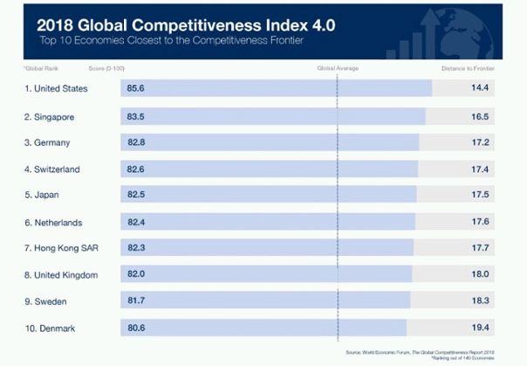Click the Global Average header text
pyautogui.click(x=337, y=67)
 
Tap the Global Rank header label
pyautogui.click(x=40, y=67)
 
